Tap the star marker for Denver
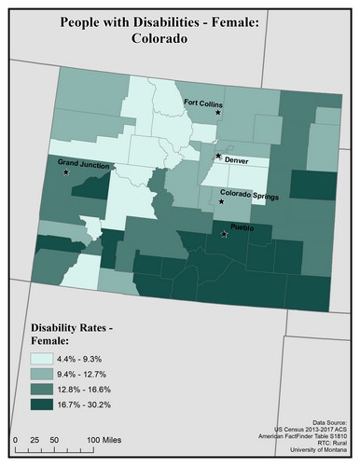(218, 156)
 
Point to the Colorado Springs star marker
(222, 201)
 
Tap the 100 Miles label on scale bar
(106, 437)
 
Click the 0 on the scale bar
(16, 437)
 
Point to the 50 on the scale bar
(54, 437)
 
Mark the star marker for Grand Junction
(65, 172)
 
